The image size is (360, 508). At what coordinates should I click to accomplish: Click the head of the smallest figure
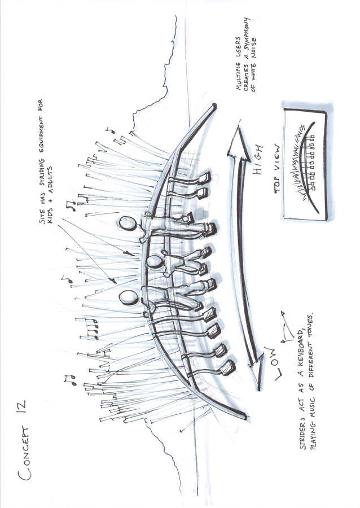153,261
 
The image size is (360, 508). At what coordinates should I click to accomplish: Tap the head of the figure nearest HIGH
129,224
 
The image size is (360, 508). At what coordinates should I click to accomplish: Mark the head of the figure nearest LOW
128,296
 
